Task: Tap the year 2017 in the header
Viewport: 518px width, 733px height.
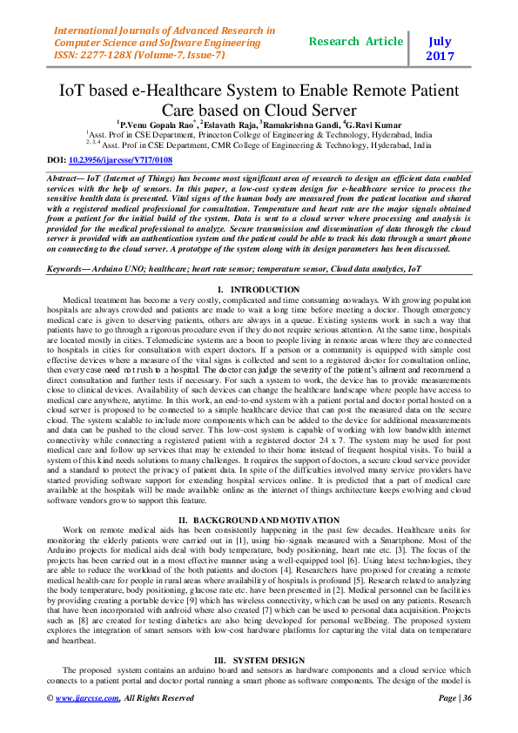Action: (x=440, y=57)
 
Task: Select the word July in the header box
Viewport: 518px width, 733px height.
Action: (x=440, y=41)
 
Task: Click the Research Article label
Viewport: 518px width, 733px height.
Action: (x=356, y=41)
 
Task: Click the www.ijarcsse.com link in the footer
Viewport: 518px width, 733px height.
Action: (x=84, y=722)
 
